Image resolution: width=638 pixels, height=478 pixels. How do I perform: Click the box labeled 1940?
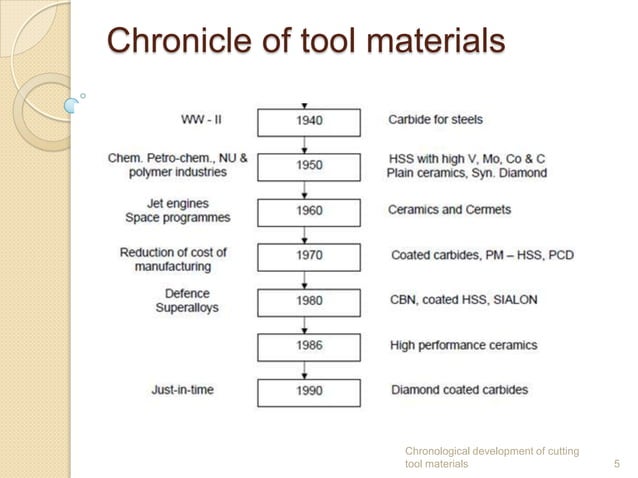coord(309,121)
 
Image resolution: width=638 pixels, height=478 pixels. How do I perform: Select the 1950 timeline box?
coord(309,165)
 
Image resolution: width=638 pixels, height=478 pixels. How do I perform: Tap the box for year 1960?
coord(309,211)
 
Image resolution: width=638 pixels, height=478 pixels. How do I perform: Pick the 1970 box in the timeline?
coord(309,256)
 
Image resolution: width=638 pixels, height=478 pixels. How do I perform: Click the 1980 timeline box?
coord(309,301)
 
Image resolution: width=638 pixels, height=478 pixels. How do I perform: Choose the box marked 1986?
coord(309,346)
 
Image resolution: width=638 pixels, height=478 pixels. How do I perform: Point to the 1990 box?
coord(309,391)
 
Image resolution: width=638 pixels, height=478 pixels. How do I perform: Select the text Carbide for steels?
coord(435,120)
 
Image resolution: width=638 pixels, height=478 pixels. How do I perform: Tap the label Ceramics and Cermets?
coord(449,210)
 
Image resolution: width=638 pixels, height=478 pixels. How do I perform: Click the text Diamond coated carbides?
coord(458,390)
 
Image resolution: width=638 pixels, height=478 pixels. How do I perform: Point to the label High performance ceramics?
coord(463,345)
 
